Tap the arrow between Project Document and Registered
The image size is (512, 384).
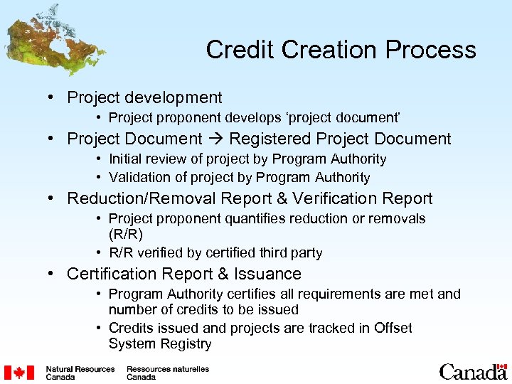[215, 139]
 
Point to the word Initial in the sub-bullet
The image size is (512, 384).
[125, 159]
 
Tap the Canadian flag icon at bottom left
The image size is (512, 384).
[18, 373]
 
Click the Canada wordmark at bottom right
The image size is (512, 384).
[473, 372]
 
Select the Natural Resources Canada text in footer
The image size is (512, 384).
[80, 373]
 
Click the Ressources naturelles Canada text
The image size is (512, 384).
[167, 373]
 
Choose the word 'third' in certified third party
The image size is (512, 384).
[262, 253]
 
